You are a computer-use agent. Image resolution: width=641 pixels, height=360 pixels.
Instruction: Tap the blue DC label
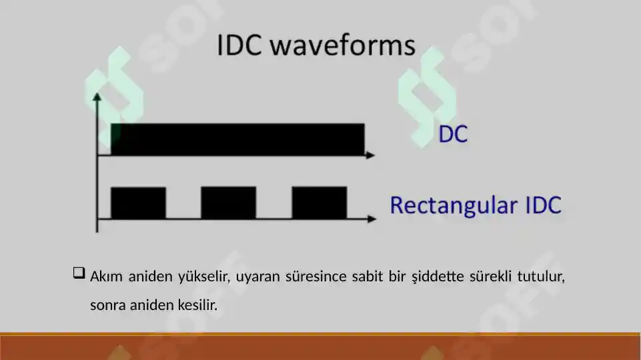click(x=452, y=135)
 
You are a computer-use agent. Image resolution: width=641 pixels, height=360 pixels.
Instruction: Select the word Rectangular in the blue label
click(x=444, y=205)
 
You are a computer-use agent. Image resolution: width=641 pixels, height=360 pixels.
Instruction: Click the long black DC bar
click(x=237, y=139)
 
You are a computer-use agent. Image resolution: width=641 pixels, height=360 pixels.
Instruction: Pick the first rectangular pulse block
click(x=138, y=203)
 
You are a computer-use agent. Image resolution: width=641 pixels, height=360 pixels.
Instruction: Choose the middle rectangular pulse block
click(x=228, y=203)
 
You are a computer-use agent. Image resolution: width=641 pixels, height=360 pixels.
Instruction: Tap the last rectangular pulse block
click(x=319, y=203)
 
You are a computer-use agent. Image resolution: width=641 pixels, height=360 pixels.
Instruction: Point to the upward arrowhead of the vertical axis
click(x=98, y=97)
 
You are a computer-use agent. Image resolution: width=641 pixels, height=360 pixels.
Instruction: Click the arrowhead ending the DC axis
click(x=370, y=155)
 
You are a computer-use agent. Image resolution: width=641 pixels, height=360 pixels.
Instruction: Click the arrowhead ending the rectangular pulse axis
click(x=370, y=219)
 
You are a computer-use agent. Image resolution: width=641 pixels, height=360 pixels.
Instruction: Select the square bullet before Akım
click(x=78, y=273)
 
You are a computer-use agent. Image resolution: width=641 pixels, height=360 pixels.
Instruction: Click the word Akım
click(x=104, y=276)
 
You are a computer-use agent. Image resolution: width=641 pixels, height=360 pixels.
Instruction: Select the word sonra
click(x=106, y=306)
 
